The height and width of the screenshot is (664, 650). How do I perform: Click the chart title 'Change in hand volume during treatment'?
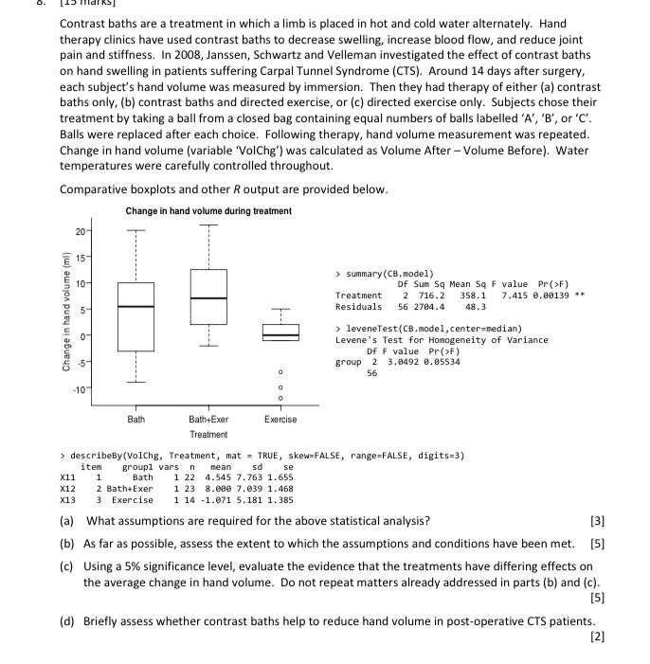pyautogui.click(x=208, y=210)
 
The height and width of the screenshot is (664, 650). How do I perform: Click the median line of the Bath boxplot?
pyautogui.click(x=135, y=306)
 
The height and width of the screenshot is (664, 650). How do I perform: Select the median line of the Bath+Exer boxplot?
pyautogui.click(x=208, y=298)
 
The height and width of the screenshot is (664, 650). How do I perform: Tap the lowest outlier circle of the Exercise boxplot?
pyautogui.click(x=280, y=396)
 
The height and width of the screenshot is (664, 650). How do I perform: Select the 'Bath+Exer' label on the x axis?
pyautogui.click(x=208, y=419)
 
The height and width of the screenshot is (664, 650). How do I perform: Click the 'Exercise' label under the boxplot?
pyautogui.click(x=280, y=419)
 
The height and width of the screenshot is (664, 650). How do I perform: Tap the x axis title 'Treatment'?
pyautogui.click(x=208, y=434)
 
